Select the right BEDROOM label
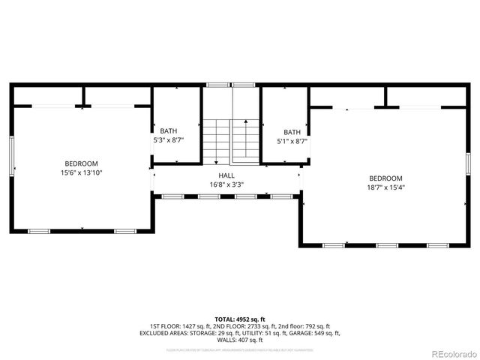(x=385, y=178)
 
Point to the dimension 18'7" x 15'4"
(x=385, y=187)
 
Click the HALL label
(x=226, y=175)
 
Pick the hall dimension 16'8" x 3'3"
(x=226, y=184)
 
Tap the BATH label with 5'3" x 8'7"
(x=169, y=130)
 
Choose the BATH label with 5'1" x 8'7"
(x=292, y=131)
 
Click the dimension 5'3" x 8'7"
(x=169, y=140)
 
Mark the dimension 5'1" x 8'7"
(x=292, y=141)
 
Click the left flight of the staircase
(x=215, y=141)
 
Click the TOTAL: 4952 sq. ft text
(x=239, y=318)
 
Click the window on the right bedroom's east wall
(x=467, y=164)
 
